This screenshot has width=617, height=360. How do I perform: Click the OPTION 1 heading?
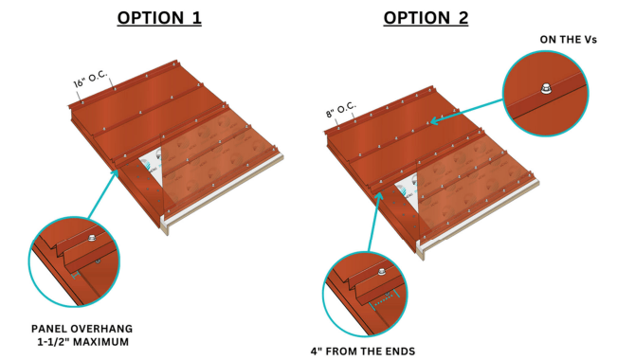(159, 18)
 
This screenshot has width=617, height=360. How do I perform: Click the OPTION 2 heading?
(426, 18)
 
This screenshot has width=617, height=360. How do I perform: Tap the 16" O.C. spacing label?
(90, 79)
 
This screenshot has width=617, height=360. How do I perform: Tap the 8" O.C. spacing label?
(341, 110)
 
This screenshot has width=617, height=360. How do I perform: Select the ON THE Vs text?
(569, 40)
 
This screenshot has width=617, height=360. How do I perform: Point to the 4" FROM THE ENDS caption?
(363, 351)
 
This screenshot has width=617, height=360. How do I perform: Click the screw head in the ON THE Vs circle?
(545, 88)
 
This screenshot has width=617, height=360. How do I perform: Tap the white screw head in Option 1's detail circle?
(93, 238)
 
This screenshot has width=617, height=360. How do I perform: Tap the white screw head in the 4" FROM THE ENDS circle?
(381, 272)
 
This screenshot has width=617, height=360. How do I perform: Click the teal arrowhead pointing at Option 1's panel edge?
(115, 173)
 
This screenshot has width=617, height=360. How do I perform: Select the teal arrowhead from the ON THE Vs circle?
(434, 120)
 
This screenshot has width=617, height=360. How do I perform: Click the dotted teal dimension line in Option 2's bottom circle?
(384, 300)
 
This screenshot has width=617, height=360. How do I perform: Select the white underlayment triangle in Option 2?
(408, 190)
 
